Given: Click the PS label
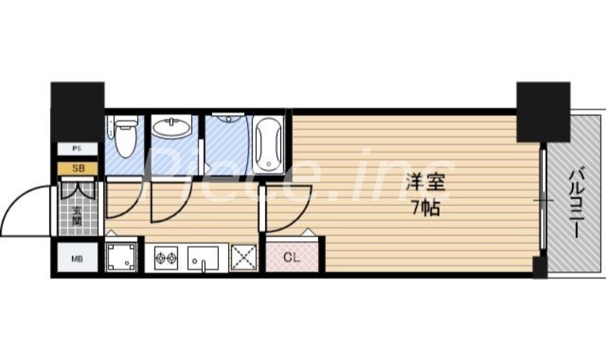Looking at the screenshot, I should coord(77,149).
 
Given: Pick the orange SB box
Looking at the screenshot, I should coord(78,168).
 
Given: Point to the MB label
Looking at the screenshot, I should coord(77,259).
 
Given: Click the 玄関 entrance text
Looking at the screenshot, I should coord(77,214).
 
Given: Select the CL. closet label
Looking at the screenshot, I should coord(292,258).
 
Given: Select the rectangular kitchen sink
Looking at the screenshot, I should coord(203,258).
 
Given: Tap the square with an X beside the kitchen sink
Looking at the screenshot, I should coord(243,258).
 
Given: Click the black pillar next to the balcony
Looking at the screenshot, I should coord(542,111).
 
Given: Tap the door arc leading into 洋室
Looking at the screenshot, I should coord(284,208).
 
